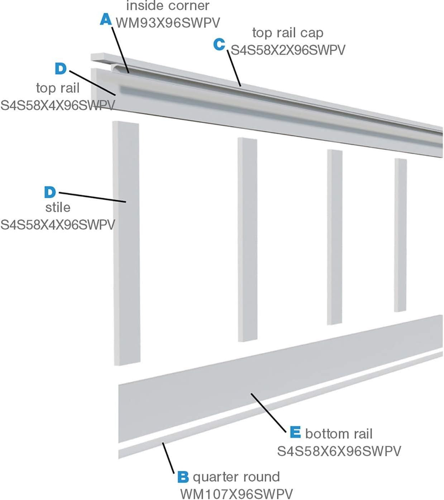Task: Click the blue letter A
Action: pos(105,19)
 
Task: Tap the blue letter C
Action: pos(219,44)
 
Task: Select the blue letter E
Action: pos(295,432)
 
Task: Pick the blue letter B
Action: pos(183,477)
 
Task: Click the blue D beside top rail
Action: pos(61,69)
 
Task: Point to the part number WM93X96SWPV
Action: pos(168,23)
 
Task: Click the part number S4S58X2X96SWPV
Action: pos(288,50)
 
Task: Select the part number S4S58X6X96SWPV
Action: pos(339,451)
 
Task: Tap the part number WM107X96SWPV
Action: pos(236,494)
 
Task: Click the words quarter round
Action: pos(236,477)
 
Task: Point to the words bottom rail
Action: pos(339,434)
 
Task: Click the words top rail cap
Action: pos(288,33)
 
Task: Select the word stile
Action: pos(58,207)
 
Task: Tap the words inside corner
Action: pos(168,6)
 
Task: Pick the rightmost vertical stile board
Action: pos(400,235)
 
